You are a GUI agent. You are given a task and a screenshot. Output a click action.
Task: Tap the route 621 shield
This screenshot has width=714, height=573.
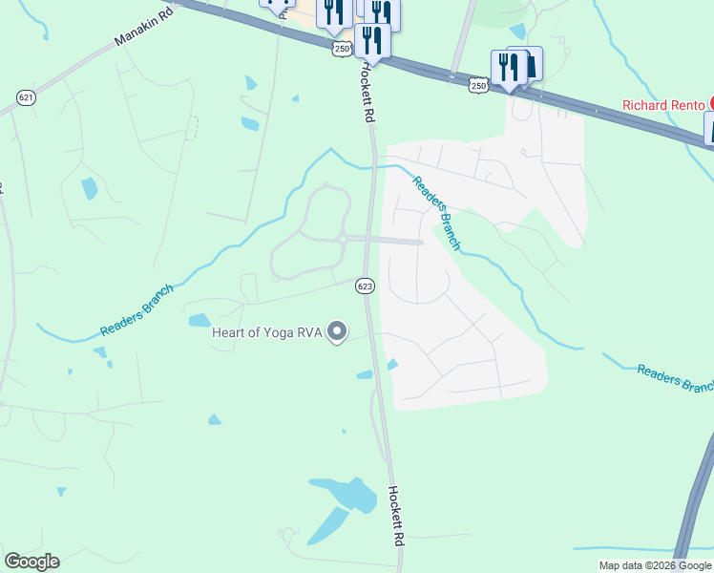click(26, 96)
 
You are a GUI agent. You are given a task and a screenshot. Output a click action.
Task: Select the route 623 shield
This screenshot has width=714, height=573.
click(365, 286)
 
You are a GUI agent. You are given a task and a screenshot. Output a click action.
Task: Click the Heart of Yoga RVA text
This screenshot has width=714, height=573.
click(266, 332)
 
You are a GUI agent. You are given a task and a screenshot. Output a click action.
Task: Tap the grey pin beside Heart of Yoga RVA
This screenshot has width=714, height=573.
click(337, 332)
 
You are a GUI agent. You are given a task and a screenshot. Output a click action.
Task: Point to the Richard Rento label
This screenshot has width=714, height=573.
click(662, 105)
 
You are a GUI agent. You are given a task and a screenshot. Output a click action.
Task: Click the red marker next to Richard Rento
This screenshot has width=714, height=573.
click(711, 104)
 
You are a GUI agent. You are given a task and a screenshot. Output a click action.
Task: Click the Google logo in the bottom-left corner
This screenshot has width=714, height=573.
click(31, 562)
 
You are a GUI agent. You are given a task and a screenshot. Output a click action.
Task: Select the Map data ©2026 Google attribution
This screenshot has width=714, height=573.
click(654, 565)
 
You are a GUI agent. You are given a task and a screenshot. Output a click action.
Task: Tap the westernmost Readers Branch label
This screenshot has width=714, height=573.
click(136, 310)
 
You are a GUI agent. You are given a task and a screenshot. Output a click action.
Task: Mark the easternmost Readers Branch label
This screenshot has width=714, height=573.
click(674, 378)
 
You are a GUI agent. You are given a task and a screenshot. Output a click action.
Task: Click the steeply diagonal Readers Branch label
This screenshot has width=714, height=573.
click(436, 214)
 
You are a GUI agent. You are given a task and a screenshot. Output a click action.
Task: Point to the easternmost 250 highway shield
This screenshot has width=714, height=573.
click(478, 87)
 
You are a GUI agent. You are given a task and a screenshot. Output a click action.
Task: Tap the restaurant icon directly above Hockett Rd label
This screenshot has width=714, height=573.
click(370, 40)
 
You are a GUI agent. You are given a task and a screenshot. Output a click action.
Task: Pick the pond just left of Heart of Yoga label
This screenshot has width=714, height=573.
click(199, 320)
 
